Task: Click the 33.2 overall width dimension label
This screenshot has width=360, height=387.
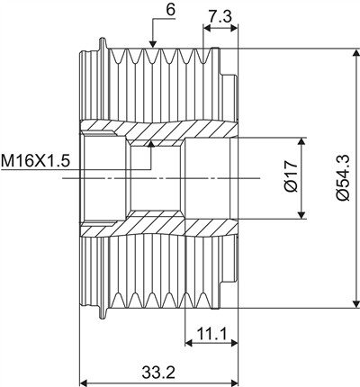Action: pyautogui.click(x=158, y=373)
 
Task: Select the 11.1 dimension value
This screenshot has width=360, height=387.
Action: pyautogui.click(x=212, y=333)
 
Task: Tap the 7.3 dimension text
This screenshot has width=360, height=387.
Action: pyautogui.click(x=220, y=17)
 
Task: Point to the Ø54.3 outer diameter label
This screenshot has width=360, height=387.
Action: pyautogui.click(x=342, y=177)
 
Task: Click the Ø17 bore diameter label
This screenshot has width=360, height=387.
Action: pyautogui.click(x=291, y=176)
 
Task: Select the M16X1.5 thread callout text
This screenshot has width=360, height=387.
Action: pyautogui.click(x=35, y=160)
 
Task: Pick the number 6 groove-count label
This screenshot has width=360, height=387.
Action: pyautogui.click(x=170, y=10)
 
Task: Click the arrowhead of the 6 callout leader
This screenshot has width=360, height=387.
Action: pyautogui.click(x=153, y=44)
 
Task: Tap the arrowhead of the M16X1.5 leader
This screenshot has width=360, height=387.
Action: pyautogui.click(x=151, y=144)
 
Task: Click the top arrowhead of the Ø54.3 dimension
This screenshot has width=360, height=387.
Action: pyautogui.click(x=356, y=53)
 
